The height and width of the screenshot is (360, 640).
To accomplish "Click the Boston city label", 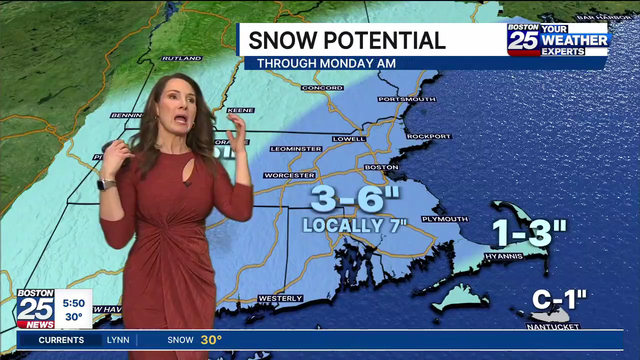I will (x=381, y=167).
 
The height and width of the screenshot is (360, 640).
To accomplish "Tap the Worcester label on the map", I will (x=289, y=175).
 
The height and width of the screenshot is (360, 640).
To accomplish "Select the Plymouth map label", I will (x=444, y=219).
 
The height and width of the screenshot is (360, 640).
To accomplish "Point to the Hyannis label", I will (x=503, y=256).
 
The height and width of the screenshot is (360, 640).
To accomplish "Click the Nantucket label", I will (x=553, y=326).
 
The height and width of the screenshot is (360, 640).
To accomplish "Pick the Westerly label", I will (x=280, y=298).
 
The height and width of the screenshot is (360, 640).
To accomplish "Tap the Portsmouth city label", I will (x=406, y=99).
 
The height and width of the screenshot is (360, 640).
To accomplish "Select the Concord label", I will (x=322, y=88).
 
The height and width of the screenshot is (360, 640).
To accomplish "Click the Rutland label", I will (x=181, y=58).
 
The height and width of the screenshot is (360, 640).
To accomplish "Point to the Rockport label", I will (x=429, y=136).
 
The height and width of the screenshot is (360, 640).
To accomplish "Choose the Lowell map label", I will (x=349, y=138).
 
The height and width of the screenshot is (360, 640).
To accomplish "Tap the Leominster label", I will (x=296, y=149).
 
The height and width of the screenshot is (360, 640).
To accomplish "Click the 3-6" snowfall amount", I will (x=355, y=198).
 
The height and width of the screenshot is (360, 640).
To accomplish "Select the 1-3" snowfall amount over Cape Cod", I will (x=529, y=232).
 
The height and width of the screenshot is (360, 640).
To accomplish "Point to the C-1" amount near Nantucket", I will (x=559, y=300).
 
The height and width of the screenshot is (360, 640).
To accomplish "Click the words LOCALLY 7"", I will (x=354, y=225).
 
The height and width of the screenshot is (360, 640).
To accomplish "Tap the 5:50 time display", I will (x=73, y=303).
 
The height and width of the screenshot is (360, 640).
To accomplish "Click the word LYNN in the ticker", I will (x=118, y=340).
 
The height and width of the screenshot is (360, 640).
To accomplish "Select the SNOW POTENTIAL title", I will (x=346, y=40).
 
